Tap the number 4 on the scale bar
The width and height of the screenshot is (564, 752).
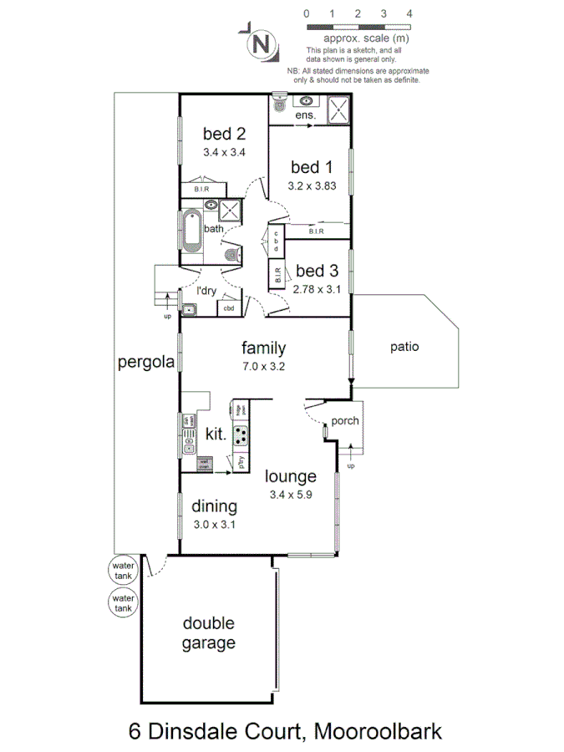(409, 14)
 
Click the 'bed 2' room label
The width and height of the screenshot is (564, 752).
(224, 133)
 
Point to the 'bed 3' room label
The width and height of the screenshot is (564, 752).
(317, 271)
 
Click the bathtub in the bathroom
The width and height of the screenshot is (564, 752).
(191, 231)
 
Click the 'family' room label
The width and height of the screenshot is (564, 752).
(263, 348)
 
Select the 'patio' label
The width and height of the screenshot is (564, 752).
(404, 346)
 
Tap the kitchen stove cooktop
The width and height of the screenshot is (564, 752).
(241, 434)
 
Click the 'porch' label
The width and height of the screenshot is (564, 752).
(345, 420)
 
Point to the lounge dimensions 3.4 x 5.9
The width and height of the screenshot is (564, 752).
(291, 495)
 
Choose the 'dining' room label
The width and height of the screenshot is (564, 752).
(214, 506)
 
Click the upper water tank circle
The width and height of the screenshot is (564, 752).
(123, 571)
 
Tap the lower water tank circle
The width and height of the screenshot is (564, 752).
(123, 602)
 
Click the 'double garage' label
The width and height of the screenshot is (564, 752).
(209, 633)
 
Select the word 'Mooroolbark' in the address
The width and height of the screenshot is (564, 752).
(376, 732)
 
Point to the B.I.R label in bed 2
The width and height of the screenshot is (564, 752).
(201, 189)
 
